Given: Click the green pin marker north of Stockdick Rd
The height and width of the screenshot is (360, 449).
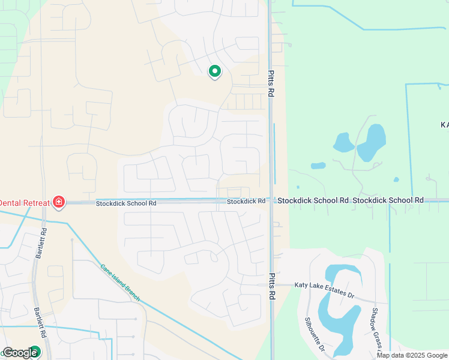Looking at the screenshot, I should point(214,72).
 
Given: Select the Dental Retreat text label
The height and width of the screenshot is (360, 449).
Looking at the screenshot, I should point(25,203).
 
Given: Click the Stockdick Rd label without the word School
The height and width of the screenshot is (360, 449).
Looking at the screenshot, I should point(246,201).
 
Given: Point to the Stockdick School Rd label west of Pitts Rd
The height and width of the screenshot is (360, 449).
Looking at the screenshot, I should point(126,203).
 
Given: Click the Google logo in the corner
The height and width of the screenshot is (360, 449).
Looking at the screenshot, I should point(20,353).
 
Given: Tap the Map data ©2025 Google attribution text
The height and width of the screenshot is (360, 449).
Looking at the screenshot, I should point(412,355).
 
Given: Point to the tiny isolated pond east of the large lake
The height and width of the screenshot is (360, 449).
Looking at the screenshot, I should point(396,179).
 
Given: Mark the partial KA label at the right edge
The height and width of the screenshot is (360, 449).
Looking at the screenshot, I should point(444,125).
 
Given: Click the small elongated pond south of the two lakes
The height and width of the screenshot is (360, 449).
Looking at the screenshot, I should point(318,166).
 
